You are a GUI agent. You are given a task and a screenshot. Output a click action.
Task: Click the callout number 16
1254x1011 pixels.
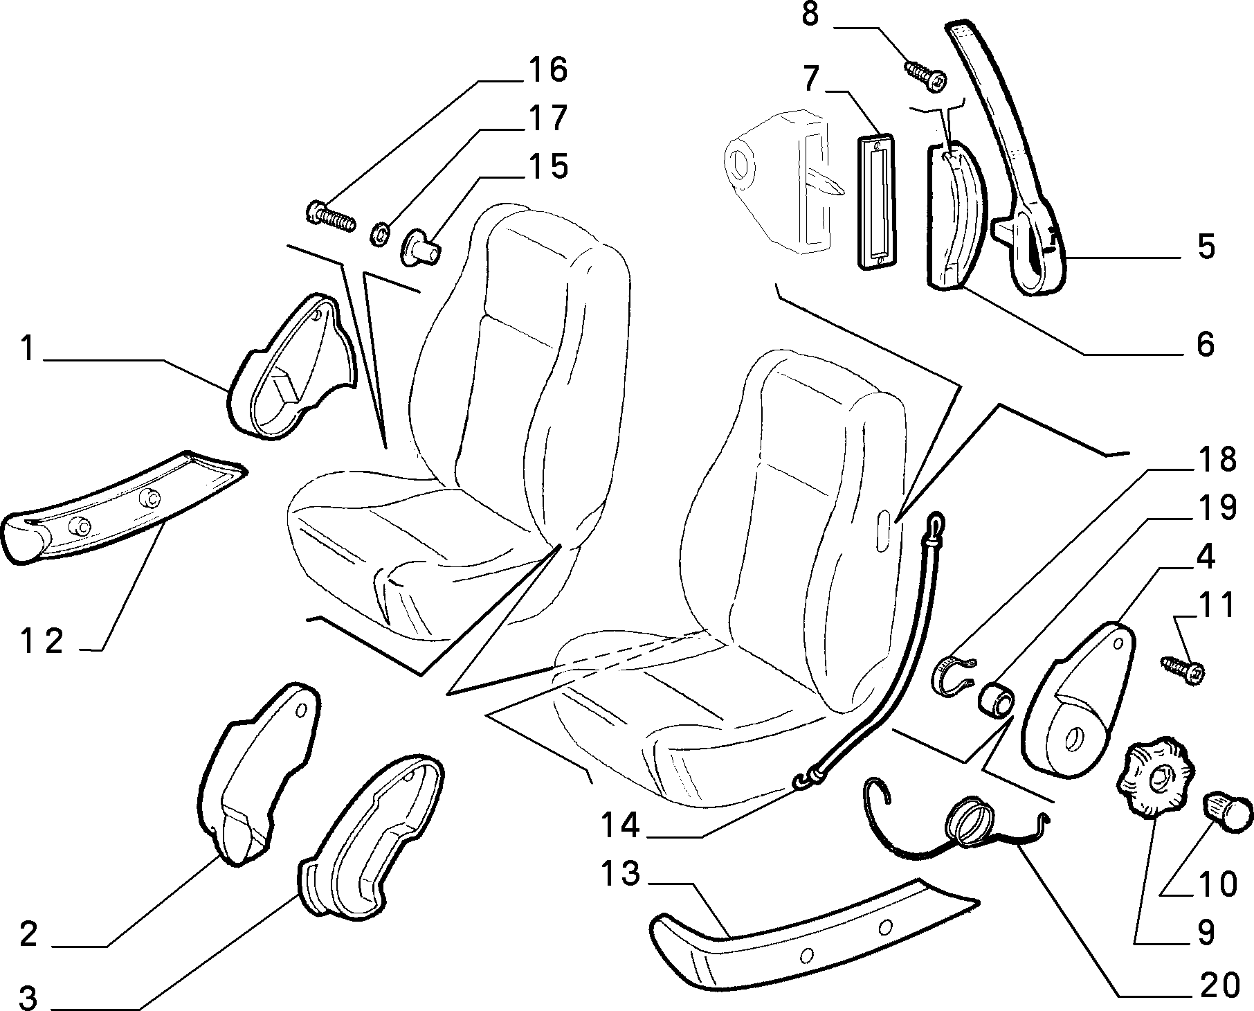(x=548, y=71)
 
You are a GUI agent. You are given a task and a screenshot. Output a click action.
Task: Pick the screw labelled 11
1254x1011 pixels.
(x=1183, y=670)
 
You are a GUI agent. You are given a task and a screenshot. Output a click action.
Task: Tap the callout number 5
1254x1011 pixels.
(x=1206, y=247)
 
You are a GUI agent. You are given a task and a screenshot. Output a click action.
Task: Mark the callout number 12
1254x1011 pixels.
(x=42, y=642)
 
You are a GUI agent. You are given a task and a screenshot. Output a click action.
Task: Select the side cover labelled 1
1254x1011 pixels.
(x=291, y=370)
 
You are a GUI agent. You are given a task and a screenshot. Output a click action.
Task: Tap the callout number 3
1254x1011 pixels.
(x=28, y=996)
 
